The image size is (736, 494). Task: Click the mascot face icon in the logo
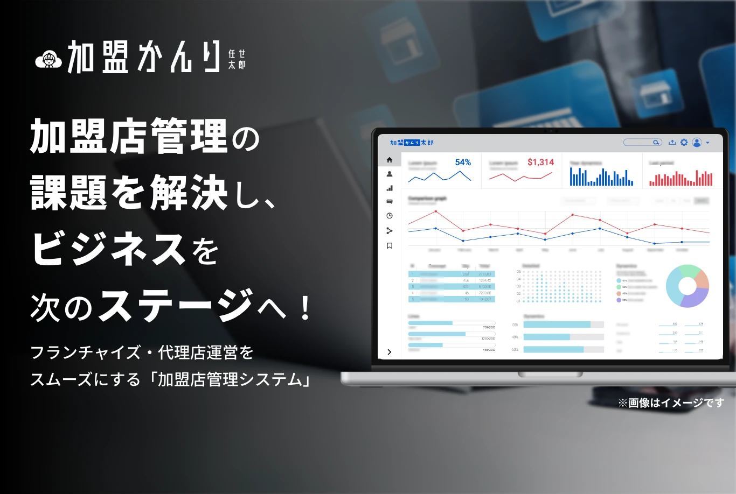48,60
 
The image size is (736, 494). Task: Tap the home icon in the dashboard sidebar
390,160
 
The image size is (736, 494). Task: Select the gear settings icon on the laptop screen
684,143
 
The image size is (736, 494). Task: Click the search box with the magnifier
642,143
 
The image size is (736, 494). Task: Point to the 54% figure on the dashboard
463,163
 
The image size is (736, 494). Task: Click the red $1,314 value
540,163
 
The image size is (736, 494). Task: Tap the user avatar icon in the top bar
697,143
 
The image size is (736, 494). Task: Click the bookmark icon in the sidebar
390,246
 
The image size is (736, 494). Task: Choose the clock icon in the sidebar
390,216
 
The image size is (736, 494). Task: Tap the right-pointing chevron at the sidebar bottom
390,352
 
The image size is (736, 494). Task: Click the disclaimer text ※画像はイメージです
671,403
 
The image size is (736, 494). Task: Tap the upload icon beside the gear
672,143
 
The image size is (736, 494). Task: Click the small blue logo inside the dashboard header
412,143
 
